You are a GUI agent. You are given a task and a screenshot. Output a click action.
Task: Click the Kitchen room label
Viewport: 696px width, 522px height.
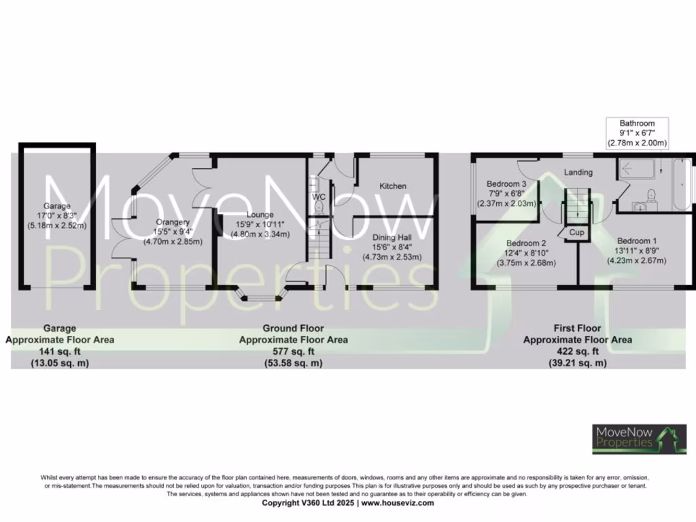coord(393,186)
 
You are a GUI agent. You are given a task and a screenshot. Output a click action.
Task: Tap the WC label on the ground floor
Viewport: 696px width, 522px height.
coord(319,197)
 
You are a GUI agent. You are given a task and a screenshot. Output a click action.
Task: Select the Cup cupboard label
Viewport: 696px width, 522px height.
coord(577,232)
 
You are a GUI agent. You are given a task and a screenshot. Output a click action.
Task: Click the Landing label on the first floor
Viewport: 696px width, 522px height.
coord(578,172)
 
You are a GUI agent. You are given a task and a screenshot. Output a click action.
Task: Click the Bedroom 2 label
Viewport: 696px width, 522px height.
coord(526,243)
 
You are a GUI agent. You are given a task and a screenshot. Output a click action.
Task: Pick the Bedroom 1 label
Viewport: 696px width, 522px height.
coord(637,240)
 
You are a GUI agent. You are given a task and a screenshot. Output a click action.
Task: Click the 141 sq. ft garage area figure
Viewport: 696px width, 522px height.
coord(60,351)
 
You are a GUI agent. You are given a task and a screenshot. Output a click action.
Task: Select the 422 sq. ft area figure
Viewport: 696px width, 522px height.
coord(577,351)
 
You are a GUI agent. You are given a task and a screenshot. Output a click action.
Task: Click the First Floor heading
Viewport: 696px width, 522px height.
coord(577,328)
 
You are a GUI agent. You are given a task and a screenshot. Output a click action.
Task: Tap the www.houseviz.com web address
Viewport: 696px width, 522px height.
coord(397,504)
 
